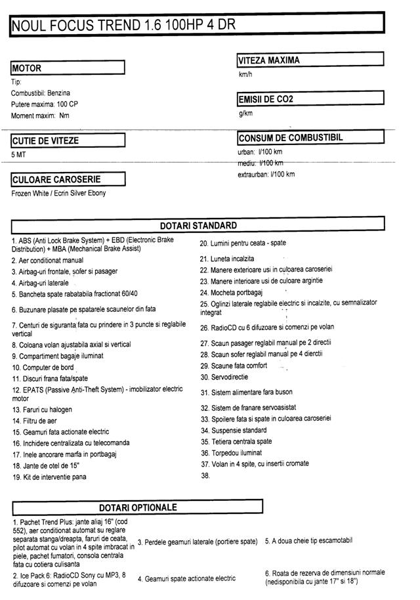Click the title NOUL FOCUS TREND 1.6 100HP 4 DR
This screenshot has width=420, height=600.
click(x=122, y=25)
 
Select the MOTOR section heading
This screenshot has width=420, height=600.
click(x=27, y=68)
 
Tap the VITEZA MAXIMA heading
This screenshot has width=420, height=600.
click(x=269, y=60)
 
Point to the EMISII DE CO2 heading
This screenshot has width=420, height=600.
click(x=266, y=100)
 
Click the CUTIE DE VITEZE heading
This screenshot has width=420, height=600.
click(x=45, y=140)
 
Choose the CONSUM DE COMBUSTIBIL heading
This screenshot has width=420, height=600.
click(x=291, y=138)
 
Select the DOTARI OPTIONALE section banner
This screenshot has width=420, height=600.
click(x=138, y=507)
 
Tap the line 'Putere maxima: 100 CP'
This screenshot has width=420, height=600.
click(x=45, y=104)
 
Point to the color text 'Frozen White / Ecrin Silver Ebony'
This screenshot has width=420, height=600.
click(x=58, y=194)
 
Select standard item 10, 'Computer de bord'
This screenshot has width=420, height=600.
click(x=43, y=368)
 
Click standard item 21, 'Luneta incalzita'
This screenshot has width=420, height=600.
click(x=227, y=259)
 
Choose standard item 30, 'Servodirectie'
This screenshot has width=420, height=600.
click(x=224, y=377)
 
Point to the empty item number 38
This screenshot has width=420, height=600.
click(x=205, y=476)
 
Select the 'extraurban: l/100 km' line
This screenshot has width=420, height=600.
click(x=266, y=175)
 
